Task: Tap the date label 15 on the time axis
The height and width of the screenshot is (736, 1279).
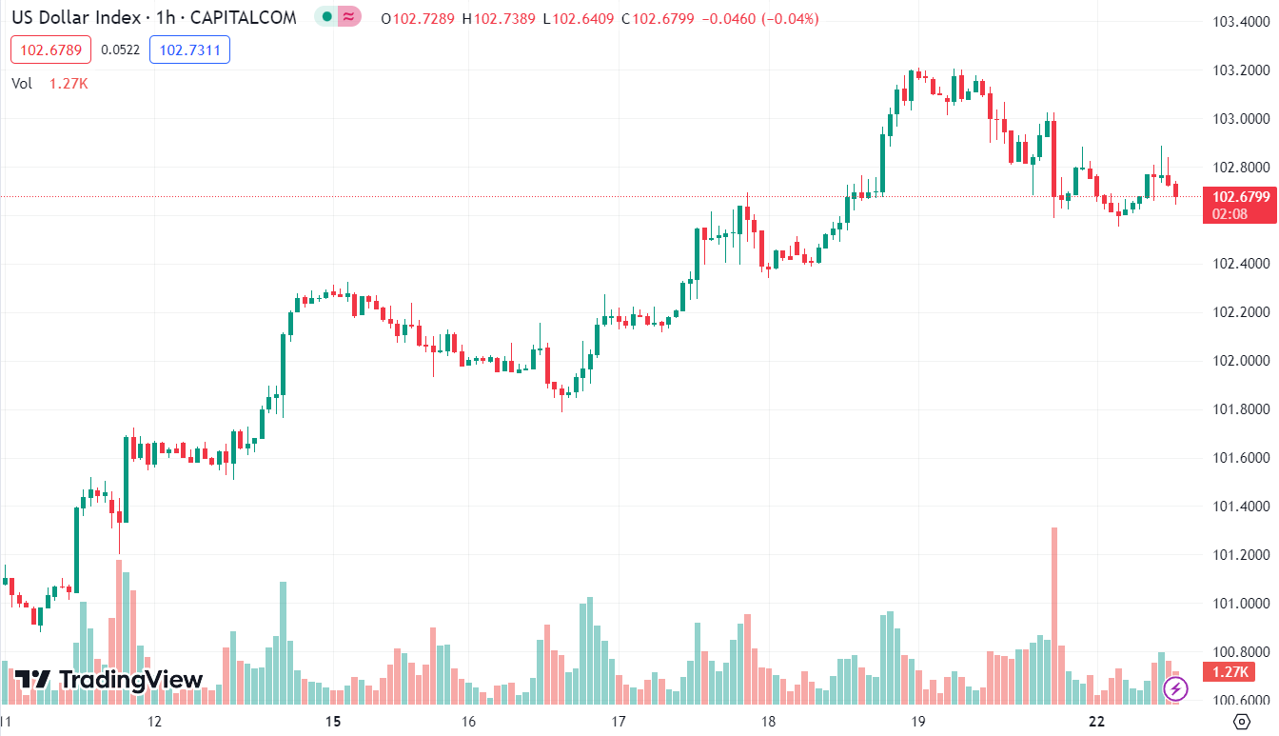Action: tap(333, 721)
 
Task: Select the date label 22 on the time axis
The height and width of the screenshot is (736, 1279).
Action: tap(1097, 721)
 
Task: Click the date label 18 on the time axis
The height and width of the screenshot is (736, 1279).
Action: tap(768, 721)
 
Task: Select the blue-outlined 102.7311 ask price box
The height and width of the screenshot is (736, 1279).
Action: tap(189, 50)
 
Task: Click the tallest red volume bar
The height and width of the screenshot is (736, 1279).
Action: tap(1054, 614)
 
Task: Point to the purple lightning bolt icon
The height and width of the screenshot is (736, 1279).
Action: tap(1176, 687)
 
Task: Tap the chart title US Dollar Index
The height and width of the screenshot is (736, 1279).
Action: tap(75, 18)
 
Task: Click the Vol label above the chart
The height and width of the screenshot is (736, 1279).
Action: tap(22, 84)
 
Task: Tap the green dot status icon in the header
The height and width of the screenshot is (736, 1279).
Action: tap(326, 17)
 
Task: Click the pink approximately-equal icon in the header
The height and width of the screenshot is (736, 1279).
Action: tap(350, 17)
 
